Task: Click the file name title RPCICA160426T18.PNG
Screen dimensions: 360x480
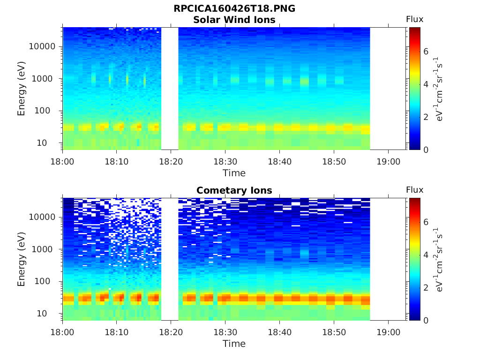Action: coord(234,9)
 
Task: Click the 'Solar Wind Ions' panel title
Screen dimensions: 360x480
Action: coord(234,20)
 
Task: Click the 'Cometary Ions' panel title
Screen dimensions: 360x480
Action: coord(234,190)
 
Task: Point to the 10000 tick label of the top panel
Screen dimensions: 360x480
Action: coord(43,47)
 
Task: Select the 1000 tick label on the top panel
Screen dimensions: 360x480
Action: coord(45,79)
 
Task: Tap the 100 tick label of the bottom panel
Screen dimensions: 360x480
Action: coord(47,281)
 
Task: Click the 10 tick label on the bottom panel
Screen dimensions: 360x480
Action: coord(50,313)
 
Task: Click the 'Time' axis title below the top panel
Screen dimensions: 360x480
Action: coord(234,173)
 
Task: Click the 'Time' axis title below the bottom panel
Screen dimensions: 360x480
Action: coord(234,344)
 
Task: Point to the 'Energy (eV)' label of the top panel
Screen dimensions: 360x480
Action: coord(22,88)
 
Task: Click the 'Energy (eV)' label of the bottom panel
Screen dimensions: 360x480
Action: coord(22,259)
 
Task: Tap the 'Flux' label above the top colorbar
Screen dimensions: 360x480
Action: coord(414,19)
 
